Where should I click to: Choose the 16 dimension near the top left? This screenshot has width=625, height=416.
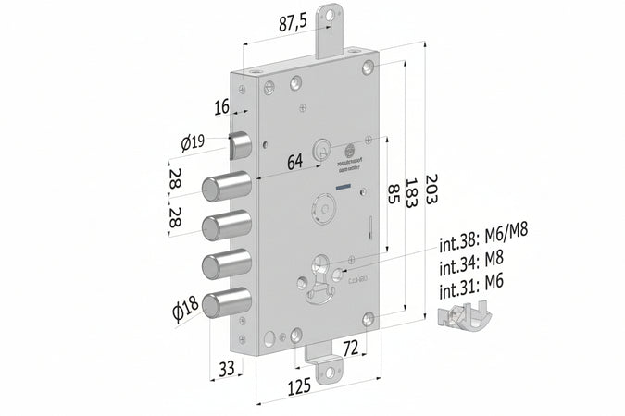click(220, 107)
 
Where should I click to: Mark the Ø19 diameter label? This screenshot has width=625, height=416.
click(193, 142)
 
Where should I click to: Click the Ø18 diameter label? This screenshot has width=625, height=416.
click(187, 311)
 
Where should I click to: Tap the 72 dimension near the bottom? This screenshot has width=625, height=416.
click(350, 349)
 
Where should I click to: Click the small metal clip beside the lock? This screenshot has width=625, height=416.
click(464, 316)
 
